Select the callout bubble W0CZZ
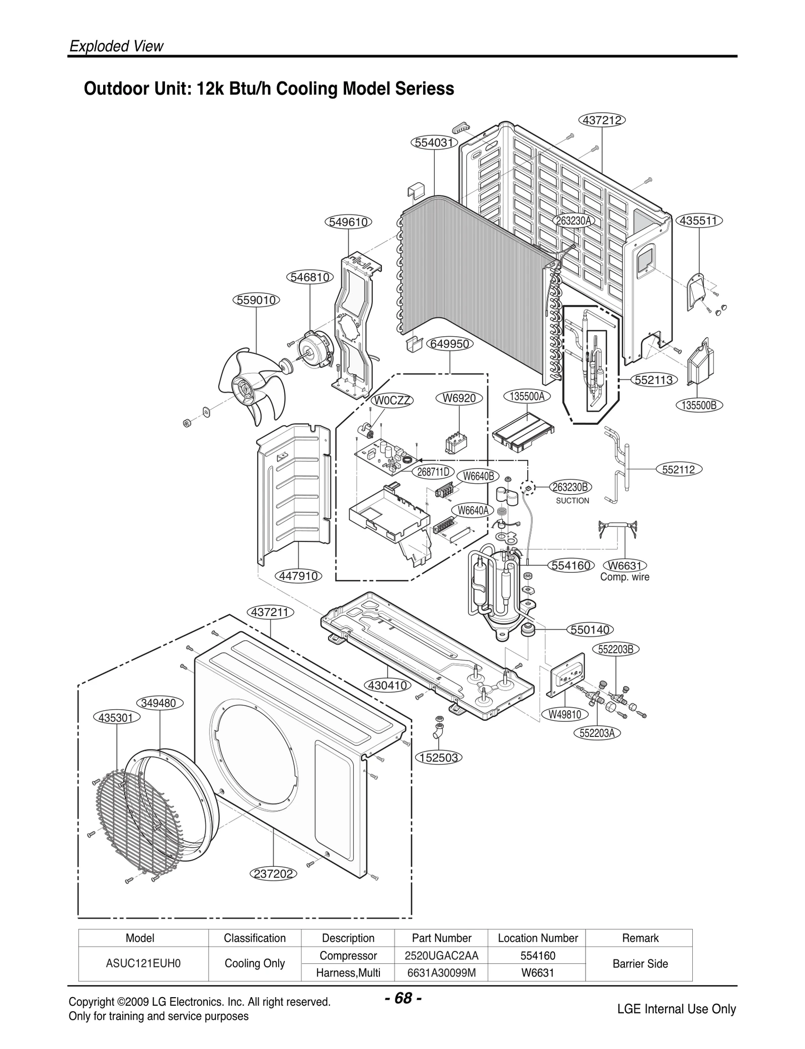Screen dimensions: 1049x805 pyautogui.click(x=392, y=401)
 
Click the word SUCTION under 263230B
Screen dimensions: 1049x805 pyautogui.click(x=572, y=501)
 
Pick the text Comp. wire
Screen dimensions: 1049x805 pyautogui.click(x=624, y=577)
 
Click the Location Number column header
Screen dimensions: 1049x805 pyautogui.click(x=537, y=938)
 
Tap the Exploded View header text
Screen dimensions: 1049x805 pyautogui.click(x=116, y=46)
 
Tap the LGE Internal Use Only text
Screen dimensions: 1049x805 pyautogui.click(x=676, y=1009)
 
